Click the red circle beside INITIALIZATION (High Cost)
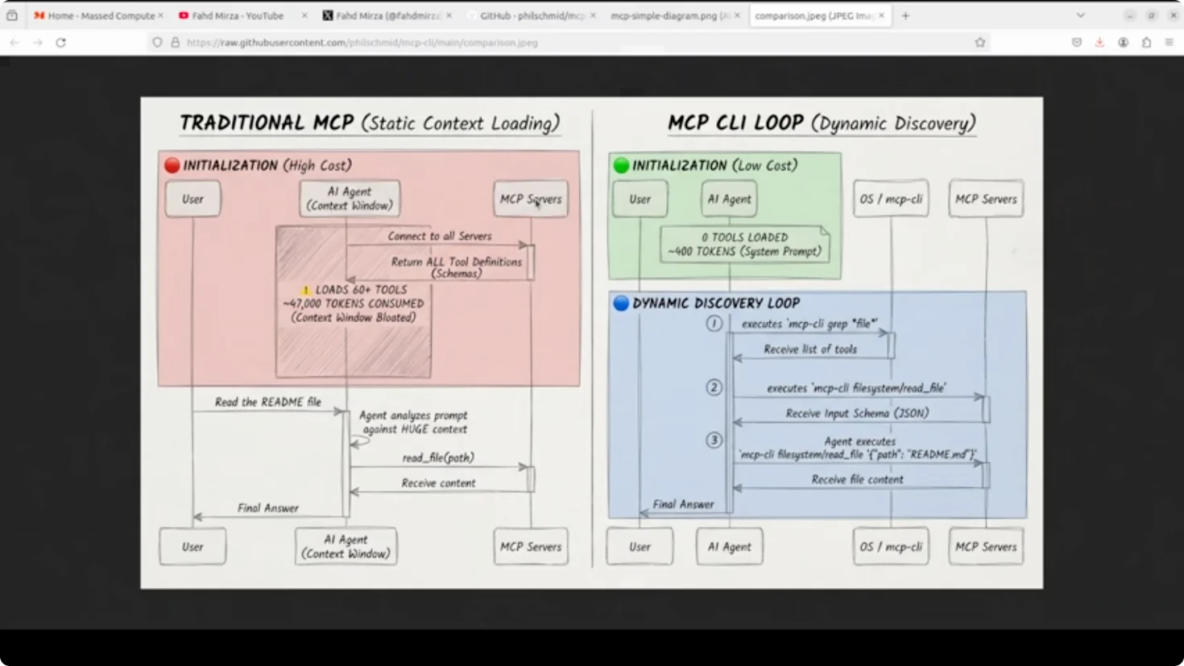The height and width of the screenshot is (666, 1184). [x=172, y=165]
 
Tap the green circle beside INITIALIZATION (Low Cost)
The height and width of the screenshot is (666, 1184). [x=621, y=165]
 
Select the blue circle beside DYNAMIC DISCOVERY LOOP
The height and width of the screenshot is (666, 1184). [x=621, y=304]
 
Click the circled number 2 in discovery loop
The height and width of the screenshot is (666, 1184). [x=714, y=387]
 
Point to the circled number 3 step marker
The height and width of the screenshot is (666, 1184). [x=714, y=441]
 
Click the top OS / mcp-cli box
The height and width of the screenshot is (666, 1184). [x=891, y=199]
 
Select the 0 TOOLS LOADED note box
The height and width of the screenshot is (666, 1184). [x=744, y=244]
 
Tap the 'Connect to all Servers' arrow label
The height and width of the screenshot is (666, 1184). [x=439, y=236]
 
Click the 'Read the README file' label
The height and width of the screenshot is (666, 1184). [x=267, y=402]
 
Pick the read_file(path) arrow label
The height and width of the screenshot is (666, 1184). [x=438, y=457]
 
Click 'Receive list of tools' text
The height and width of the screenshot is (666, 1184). [x=809, y=350]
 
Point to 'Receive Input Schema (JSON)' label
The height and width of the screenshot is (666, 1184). [x=857, y=413]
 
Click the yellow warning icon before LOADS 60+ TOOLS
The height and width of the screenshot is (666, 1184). [x=306, y=290]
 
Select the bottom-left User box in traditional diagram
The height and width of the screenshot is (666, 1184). [x=193, y=547]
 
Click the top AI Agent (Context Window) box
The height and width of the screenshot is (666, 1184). [x=350, y=199]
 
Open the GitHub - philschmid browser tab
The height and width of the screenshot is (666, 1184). [x=532, y=15]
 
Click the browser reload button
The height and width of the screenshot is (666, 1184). [x=60, y=43]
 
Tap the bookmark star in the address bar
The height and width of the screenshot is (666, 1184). [x=980, y=43]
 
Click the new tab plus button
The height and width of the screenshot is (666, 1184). [x=905, y=15]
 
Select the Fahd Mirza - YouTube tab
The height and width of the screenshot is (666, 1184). [x=238, y=15]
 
